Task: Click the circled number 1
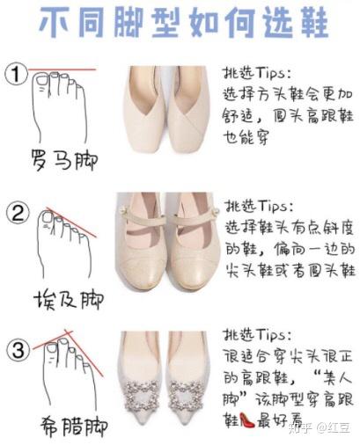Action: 16,75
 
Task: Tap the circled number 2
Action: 18,213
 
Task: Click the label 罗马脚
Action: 63,160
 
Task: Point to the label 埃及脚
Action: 69,299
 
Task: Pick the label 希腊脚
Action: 73,426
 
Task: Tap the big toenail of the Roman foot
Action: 41,81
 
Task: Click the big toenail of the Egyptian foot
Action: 47,217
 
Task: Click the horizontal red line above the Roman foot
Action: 62,69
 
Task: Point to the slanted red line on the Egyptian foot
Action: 71,222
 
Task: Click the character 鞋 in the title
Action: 311,22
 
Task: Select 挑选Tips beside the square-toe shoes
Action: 255,73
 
